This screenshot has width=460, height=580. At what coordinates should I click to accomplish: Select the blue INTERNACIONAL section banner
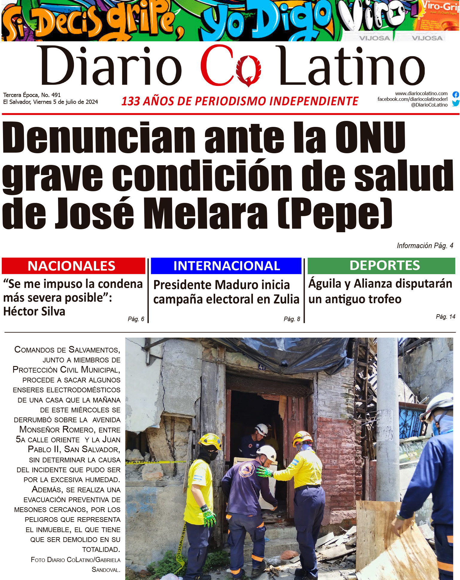coord(226,266)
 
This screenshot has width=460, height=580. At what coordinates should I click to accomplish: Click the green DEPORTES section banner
coord(381,265)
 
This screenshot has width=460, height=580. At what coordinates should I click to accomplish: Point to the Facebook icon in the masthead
coord(456,95)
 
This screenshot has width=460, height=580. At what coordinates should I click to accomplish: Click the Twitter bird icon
coord(456,103)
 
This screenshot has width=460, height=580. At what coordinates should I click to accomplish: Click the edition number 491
coord(56,95)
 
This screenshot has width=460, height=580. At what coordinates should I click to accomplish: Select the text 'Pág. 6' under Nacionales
coord(136,319)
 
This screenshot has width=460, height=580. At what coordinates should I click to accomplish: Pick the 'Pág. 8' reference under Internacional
coord(292,319)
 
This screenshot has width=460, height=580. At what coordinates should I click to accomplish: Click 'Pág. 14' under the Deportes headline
coord(445,317)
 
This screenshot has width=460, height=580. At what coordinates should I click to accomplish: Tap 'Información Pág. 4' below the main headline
coord(425,246)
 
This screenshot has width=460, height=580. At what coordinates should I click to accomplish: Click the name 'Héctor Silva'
coord(34,312)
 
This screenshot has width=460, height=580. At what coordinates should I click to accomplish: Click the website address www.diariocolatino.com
coord(421,93)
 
